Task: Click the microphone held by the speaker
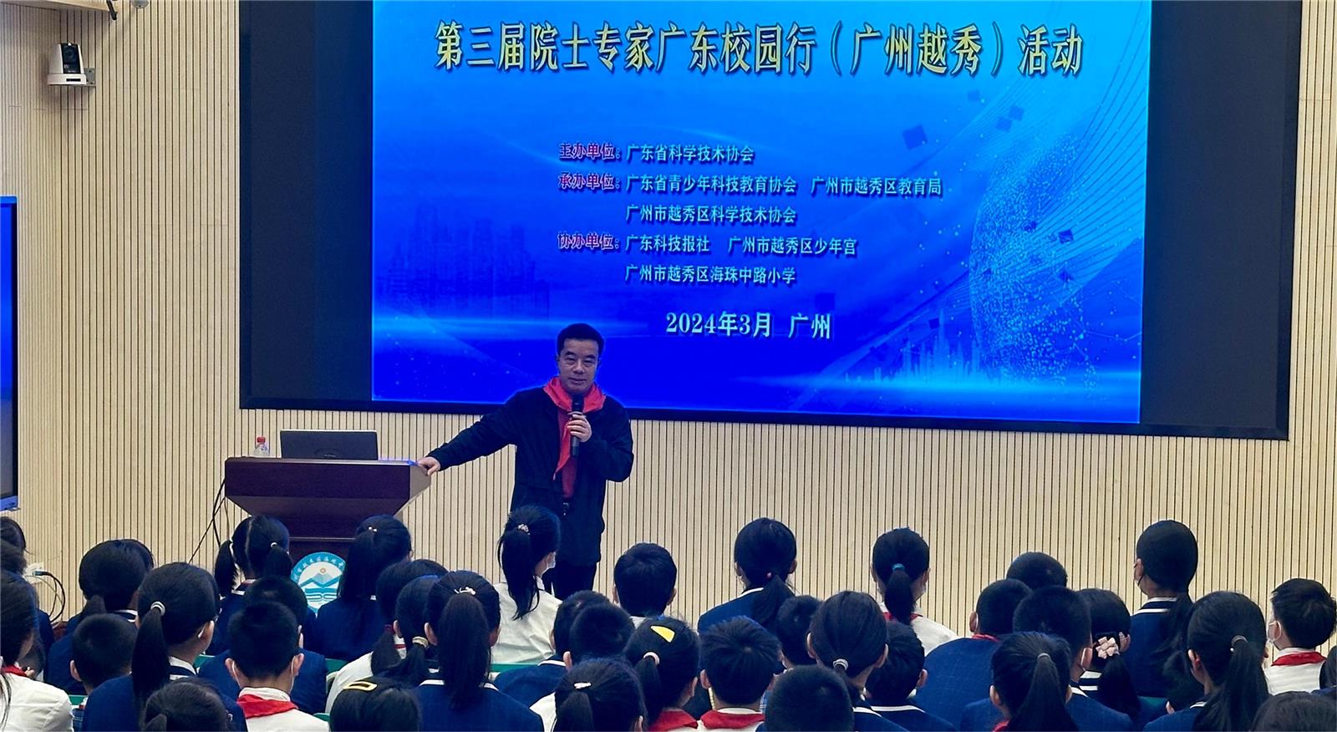(576, 424)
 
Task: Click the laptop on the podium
(329, 445)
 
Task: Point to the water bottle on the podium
(261, 447)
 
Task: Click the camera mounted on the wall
(68, 64)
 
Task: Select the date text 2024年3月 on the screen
(719, 324)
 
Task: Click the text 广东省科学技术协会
(690, 154)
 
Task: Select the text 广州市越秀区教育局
(876, 186)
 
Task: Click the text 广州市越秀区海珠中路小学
(710, 275)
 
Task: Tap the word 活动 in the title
(1050, 50)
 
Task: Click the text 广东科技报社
(668, 244)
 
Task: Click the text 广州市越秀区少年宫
(792, 246)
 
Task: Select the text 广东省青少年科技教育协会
(711, 186)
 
